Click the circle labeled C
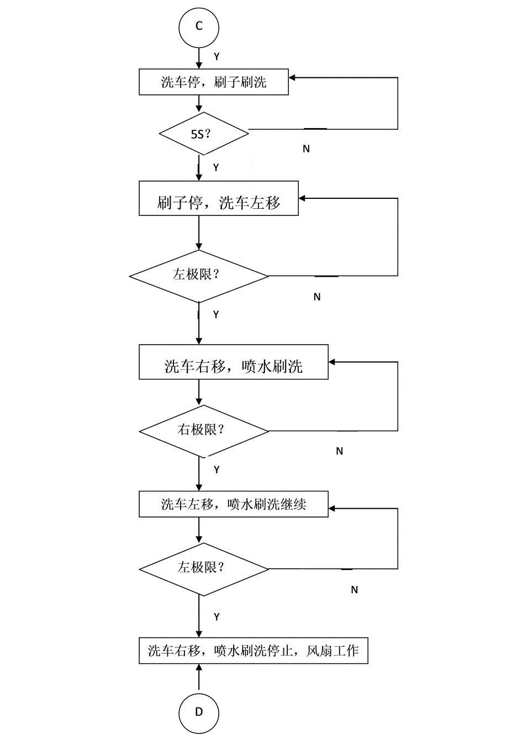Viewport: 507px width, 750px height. (199, 27)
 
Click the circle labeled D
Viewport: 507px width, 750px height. (199, 712)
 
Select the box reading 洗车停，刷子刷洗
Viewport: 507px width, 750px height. (213, 82)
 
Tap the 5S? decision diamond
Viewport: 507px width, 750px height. (204, 133)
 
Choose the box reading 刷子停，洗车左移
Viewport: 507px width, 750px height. (218, 198)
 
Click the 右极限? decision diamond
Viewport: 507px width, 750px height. (203, 431)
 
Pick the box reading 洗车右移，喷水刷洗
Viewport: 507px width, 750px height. (233, 362)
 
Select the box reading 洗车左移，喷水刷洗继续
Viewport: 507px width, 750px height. (233, 504)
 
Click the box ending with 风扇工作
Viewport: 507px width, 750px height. (253, 651)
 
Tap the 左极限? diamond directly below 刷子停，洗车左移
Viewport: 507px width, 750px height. (199, 276)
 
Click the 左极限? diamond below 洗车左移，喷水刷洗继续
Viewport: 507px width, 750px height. (203, 569)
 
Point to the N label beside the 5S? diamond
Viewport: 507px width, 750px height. (307, 149)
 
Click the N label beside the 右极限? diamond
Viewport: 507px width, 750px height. (339, 451)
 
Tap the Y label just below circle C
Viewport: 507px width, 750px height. (216, 56)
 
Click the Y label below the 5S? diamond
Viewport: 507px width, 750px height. (216, 167)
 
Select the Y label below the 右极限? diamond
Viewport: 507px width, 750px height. (216, 470)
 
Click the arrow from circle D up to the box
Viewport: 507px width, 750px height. (199, 678)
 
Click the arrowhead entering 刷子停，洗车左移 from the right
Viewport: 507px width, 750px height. (303, 198)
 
